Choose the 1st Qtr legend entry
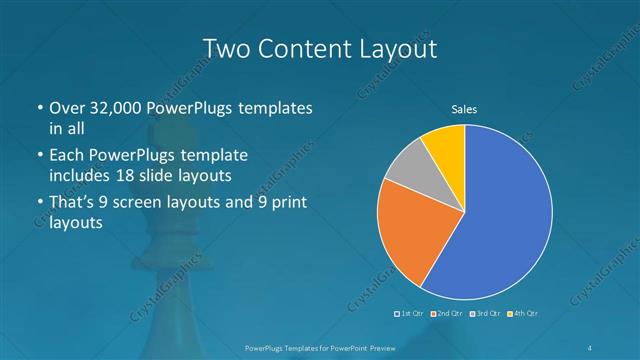click(409, 314)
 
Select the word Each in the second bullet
click(66, 156)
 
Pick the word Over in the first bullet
click(67, 107)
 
